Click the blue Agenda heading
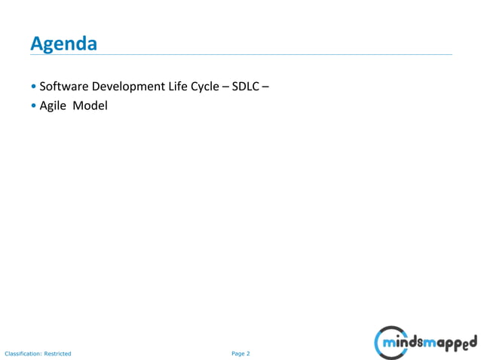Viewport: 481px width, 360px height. [63, 44]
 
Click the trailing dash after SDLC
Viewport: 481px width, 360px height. [266, 87]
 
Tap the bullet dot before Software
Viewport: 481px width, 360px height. [34, 87]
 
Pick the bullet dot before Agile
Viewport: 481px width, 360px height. [34, 106]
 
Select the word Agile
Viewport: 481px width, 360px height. [53, 106]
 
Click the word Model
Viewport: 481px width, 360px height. [90, 105]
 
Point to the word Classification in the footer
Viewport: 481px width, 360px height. [23, 353]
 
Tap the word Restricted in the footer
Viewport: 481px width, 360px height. [57, 353]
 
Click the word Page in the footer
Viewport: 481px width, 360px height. [237, 353]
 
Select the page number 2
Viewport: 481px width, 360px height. [248, 353]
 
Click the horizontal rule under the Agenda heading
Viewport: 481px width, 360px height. [241, 55]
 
